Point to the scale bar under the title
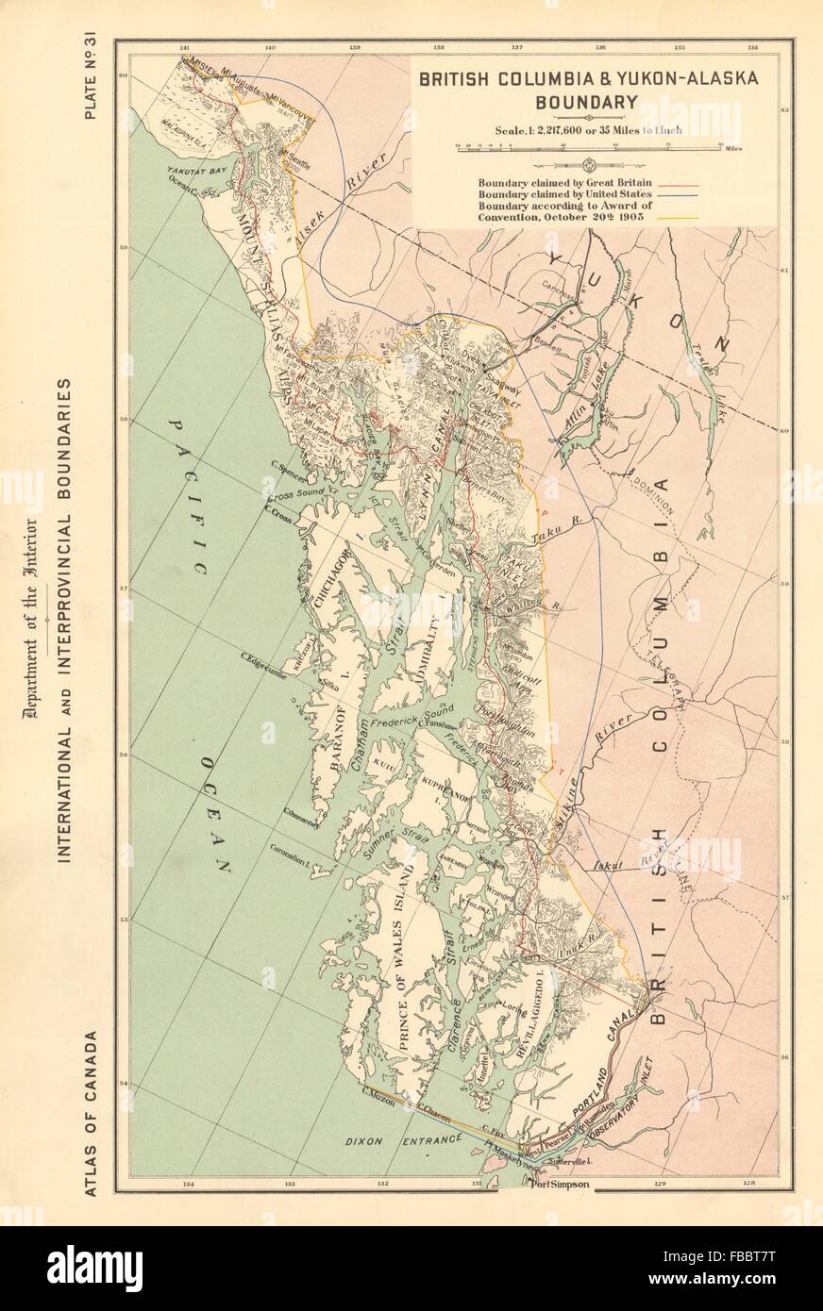point(587,145)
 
